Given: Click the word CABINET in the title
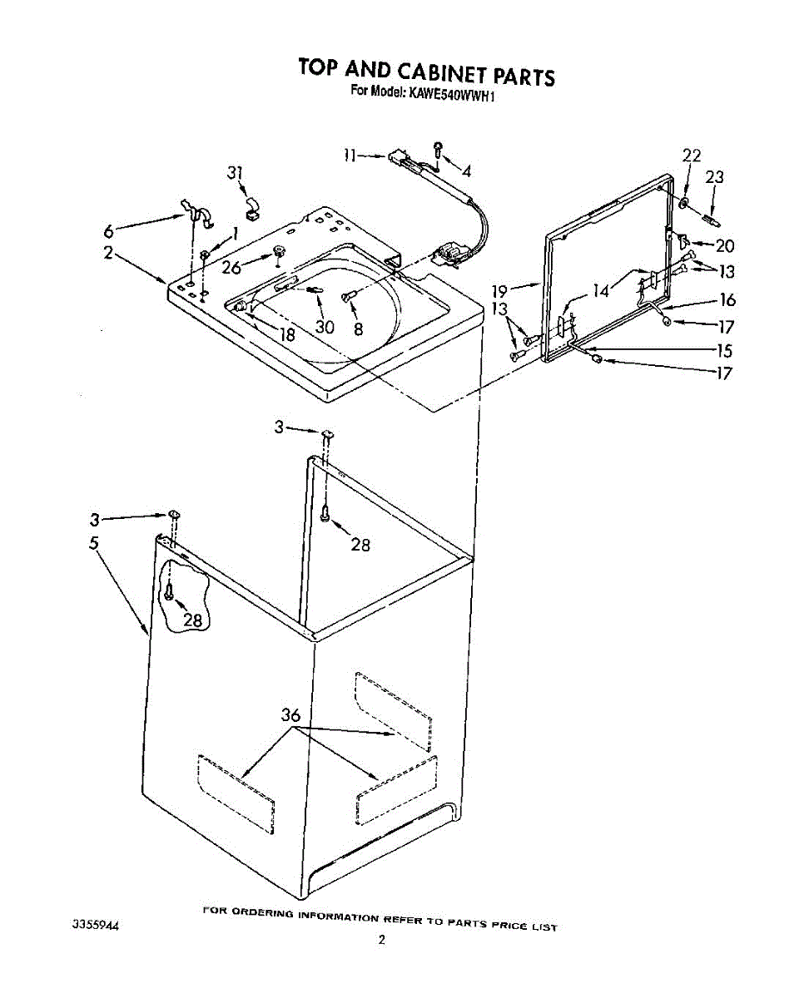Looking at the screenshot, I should point(433,73).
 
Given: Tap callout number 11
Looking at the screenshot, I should point(350,155).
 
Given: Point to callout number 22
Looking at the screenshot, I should point(692,156).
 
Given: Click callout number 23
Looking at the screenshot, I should point(714,177).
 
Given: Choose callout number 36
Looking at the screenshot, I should point(290,714).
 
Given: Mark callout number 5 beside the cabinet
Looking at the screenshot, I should point(95,544).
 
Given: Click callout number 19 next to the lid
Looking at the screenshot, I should point(499,290).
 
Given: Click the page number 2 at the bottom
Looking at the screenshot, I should point(381,941).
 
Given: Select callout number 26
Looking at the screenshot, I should point(231,267).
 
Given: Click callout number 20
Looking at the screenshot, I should point(726,245).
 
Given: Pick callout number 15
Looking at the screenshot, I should point(724,351).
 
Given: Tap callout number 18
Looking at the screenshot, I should point(287,336).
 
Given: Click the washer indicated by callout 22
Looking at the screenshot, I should point(683,204).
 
